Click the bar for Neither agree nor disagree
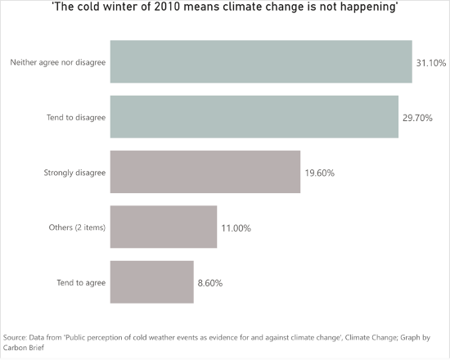click(x=261, y=61)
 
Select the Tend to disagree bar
click(x=254, y=117)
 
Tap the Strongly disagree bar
click(x=205, y=172)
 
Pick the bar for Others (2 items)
click(x=164, y=227)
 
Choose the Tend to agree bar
click(x=152, y=282)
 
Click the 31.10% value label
click(x=431, y=63)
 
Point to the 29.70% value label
click(x=417, y=118)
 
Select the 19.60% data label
click(x=319, y=173)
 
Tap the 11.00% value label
click(x=236, y=228)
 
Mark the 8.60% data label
click(x=210, y=283)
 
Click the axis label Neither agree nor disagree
click(x=58, y=62)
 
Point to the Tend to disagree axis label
click(x=76, y=118)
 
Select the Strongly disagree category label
click(x=74, y=173)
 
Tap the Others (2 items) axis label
click(x=77, y=227)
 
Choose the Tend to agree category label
click(x=81, y=283)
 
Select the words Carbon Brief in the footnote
click(x=24, y=348)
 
